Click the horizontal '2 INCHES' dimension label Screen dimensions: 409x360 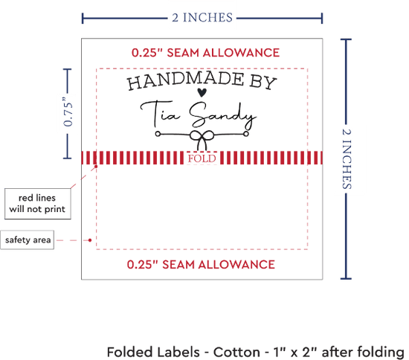[x=202, y=18]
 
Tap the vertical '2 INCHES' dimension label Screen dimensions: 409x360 [x=347, y=159]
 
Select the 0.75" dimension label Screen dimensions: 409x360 [x=68, y=112]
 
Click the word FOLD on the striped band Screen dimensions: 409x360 [x=202, y=158]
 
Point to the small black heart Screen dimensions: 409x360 [x=202, y=92]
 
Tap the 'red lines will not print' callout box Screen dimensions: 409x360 [x=38, y=204]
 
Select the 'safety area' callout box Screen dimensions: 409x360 [x=27, y=240]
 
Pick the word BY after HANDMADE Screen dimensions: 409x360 [x=263, y=83]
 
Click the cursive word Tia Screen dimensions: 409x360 [x=160, y=113]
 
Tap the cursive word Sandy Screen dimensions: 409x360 [x=222, y=115]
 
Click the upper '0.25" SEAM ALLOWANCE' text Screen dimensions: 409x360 [x=205, y=53]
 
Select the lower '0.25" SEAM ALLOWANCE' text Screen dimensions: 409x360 [x=201, y=265]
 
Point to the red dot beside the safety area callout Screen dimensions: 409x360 [x=90, y=240]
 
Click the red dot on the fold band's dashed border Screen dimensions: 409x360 [x=96, y=166]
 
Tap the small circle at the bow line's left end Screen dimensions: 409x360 [x=158, y=134]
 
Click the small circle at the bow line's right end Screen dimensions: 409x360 [x=246, y=134]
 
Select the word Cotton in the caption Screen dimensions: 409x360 [x=236, y=352]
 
